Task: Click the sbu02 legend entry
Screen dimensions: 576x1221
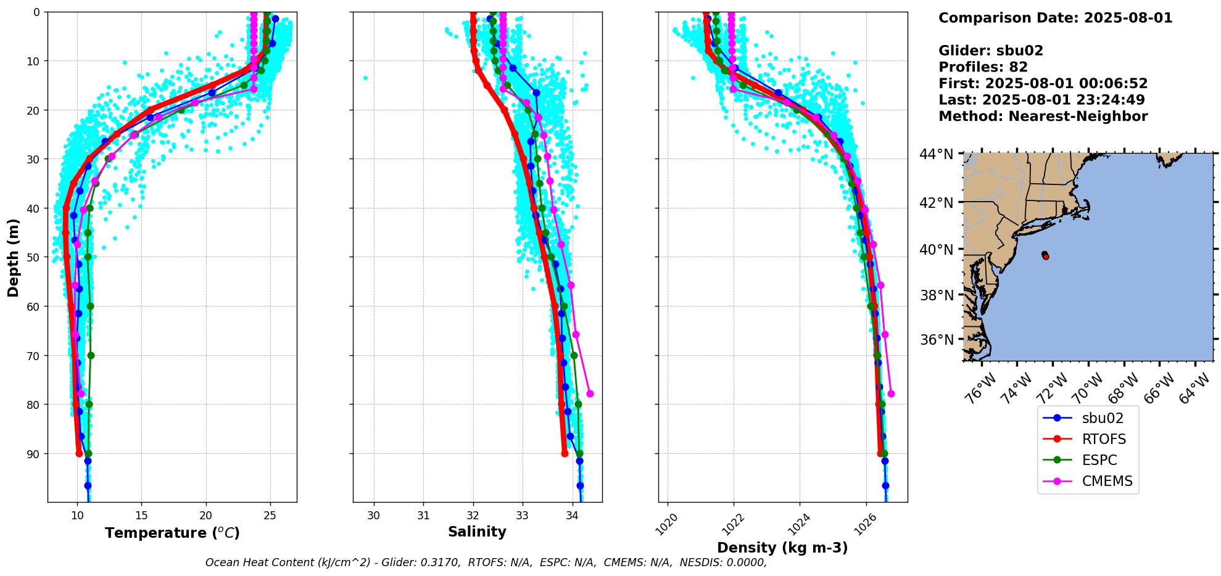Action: coord(1103,418)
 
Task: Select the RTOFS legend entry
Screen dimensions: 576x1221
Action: coord(1104,439)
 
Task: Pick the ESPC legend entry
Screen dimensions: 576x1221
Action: coord(1099,460)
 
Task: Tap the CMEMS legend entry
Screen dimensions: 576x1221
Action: coord(1107,481)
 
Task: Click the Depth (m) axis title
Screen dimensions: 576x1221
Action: coord(14,257)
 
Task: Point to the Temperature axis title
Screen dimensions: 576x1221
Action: coord(172,533)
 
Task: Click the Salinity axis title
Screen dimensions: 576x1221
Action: coord(477,532)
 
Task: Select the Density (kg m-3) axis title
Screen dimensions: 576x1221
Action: coord(782,548)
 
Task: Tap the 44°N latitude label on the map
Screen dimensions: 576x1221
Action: coord(936,154)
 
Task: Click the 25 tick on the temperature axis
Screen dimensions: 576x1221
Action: coord(270,515)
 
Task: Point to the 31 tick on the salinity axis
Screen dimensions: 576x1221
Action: coord(423,515)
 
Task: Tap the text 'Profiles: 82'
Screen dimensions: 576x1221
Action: coord(983,67)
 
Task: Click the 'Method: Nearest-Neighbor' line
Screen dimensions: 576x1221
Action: coord(1043,117)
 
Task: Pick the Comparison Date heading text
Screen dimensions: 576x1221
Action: coord(1055,18)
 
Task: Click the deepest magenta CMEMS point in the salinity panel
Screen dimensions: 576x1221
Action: coord(590,393)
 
